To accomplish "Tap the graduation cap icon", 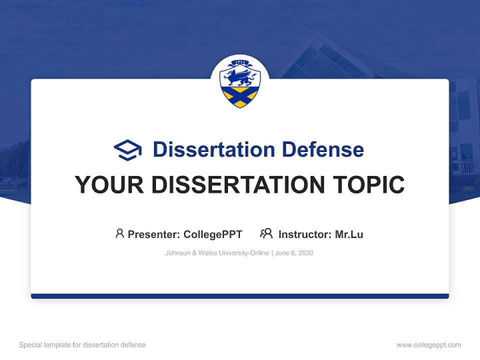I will tap(127, 150).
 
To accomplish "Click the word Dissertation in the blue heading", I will tap(213, 149).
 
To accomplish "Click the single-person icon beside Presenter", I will tap(119, 233).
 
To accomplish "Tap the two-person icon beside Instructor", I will tap(266, 233).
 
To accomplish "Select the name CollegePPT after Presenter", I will tap(213, 234).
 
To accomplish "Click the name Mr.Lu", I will tap(349, 234).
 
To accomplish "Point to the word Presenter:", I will tap(154, 234).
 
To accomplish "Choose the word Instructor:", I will tap(305, 234).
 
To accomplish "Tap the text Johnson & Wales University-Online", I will tap(217, 253).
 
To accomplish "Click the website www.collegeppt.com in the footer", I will tap(428, 345).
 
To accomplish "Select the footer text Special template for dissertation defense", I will tap(82, 345).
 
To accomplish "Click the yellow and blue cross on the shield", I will tap(240, 97).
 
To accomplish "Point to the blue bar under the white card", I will tap(240, 296).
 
